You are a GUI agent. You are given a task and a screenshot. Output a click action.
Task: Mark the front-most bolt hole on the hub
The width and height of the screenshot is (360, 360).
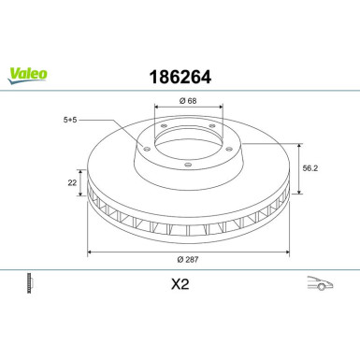tap(187, 166)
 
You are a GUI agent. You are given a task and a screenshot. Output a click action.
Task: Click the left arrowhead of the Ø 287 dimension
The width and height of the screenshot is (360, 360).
tap(89, 251)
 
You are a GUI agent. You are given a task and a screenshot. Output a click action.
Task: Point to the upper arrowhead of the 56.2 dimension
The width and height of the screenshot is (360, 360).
tap(297, 145)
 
